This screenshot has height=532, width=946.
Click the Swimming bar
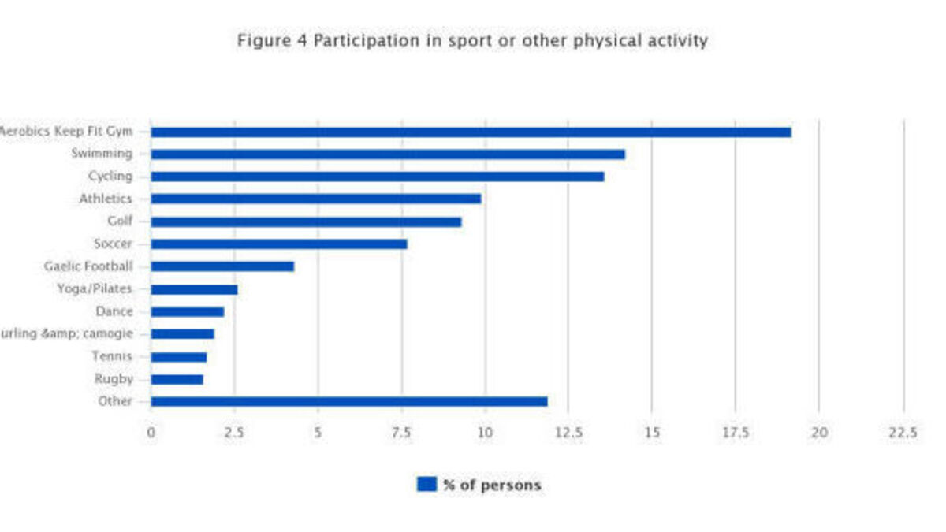[387, 154]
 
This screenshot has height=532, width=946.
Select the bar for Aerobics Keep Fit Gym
[471, 132]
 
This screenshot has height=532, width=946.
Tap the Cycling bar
[377, 177]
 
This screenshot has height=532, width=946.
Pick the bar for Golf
[306, 222]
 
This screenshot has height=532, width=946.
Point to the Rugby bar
[177, 380]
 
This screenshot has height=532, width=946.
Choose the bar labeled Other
[348, 402]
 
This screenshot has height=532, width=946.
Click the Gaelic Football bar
[222, 267]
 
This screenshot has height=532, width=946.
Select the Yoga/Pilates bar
[194, 289]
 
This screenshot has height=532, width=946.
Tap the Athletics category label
[106, 199]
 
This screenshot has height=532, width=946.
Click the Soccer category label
[112, 244]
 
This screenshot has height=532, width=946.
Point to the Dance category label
[114, 312]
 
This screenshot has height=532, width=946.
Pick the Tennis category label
[112, 357]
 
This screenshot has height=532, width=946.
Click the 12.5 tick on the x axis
[568, 433]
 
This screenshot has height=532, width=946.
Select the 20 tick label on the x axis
[819, 433]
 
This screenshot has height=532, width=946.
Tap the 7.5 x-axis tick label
[401, 433]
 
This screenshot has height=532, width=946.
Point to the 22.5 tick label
[903, 433]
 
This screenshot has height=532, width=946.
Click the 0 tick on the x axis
[151, 433]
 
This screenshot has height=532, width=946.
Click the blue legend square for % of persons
[426, 485]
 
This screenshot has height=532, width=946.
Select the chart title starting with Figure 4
[472, 40]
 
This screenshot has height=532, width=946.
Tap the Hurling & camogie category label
[65, 334]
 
